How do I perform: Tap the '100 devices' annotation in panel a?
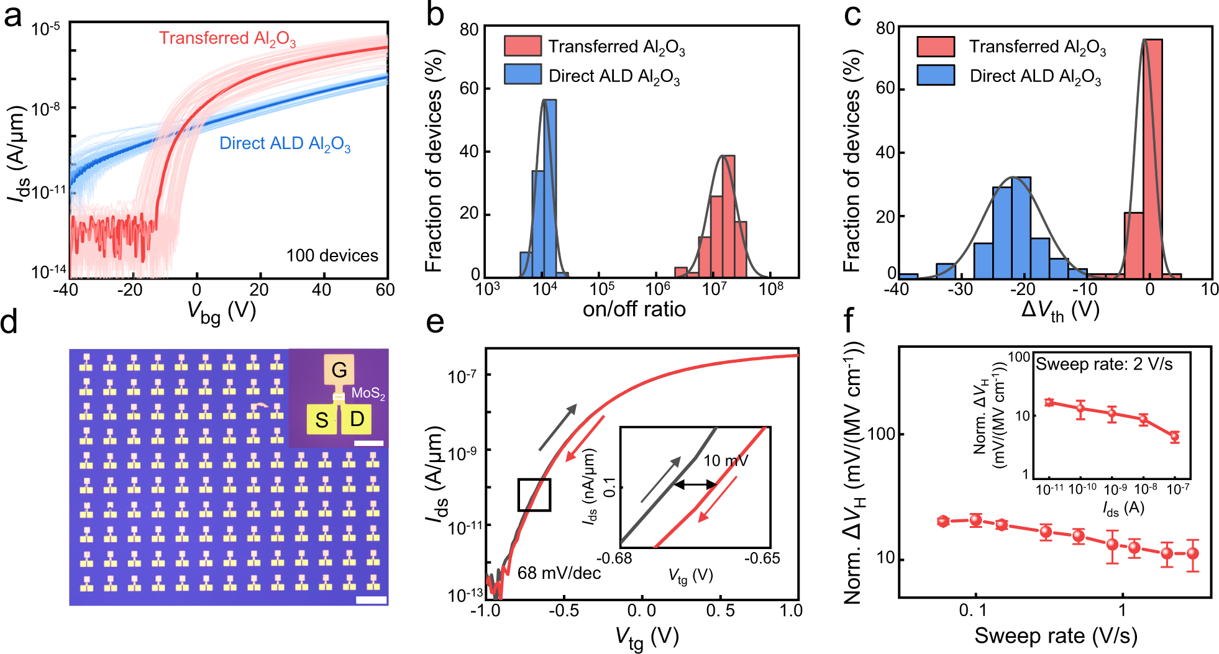coord(332,255)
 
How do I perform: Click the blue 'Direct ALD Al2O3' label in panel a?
coord(285,143)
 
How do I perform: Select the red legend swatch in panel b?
coord(522,46)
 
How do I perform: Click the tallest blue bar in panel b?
coord(550,186)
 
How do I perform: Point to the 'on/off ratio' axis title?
coord(634,309)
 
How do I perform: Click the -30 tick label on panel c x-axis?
coord(961,289)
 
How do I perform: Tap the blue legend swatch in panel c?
coord(935,75)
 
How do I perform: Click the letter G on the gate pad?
coord(339,370)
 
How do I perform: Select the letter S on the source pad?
coord(321,420)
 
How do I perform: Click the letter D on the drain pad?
coord(357,419)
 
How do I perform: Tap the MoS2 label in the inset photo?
coord(368,393)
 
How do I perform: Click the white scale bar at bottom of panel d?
coord(372,600)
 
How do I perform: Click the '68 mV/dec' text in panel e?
coord(559,573)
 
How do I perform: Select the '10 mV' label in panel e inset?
coord(725,460)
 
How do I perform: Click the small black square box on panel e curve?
coord(534,494)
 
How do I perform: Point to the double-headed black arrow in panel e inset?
coord(695,484)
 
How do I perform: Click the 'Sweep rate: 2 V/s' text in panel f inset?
coord(1104,364)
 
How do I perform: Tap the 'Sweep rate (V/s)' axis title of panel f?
coord(1056,635)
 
